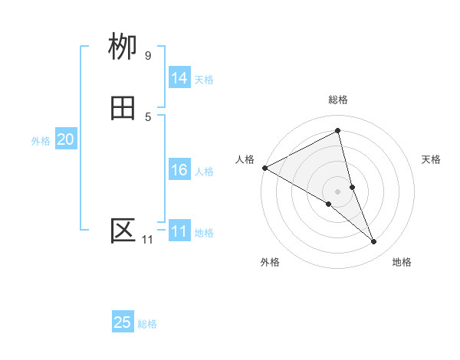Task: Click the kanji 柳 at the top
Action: pos(123,47)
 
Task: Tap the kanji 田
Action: pos(123,109)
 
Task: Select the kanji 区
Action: pos(123,231)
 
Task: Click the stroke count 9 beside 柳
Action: pos(148,55)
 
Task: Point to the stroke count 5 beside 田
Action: pos(148,116)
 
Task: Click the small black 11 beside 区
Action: pos(147,240)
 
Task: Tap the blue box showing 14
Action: pos(179,78)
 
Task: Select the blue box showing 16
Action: pos(179,170)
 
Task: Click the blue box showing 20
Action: pos(65,139)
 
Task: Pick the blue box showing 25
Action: pos(123,322)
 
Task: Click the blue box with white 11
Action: pos(179,231)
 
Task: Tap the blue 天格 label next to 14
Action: pos(204,80)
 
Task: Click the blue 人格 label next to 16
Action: pos(204,172)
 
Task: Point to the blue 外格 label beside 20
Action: pos(41,141)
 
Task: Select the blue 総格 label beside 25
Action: pos(147,324)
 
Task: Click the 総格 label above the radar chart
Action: pos(338,100)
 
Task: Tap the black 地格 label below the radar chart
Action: pos(402,262)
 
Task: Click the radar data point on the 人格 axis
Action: pos(264,167)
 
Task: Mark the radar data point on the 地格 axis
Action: pos(374,241)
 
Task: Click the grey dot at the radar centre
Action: pos(338,191)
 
